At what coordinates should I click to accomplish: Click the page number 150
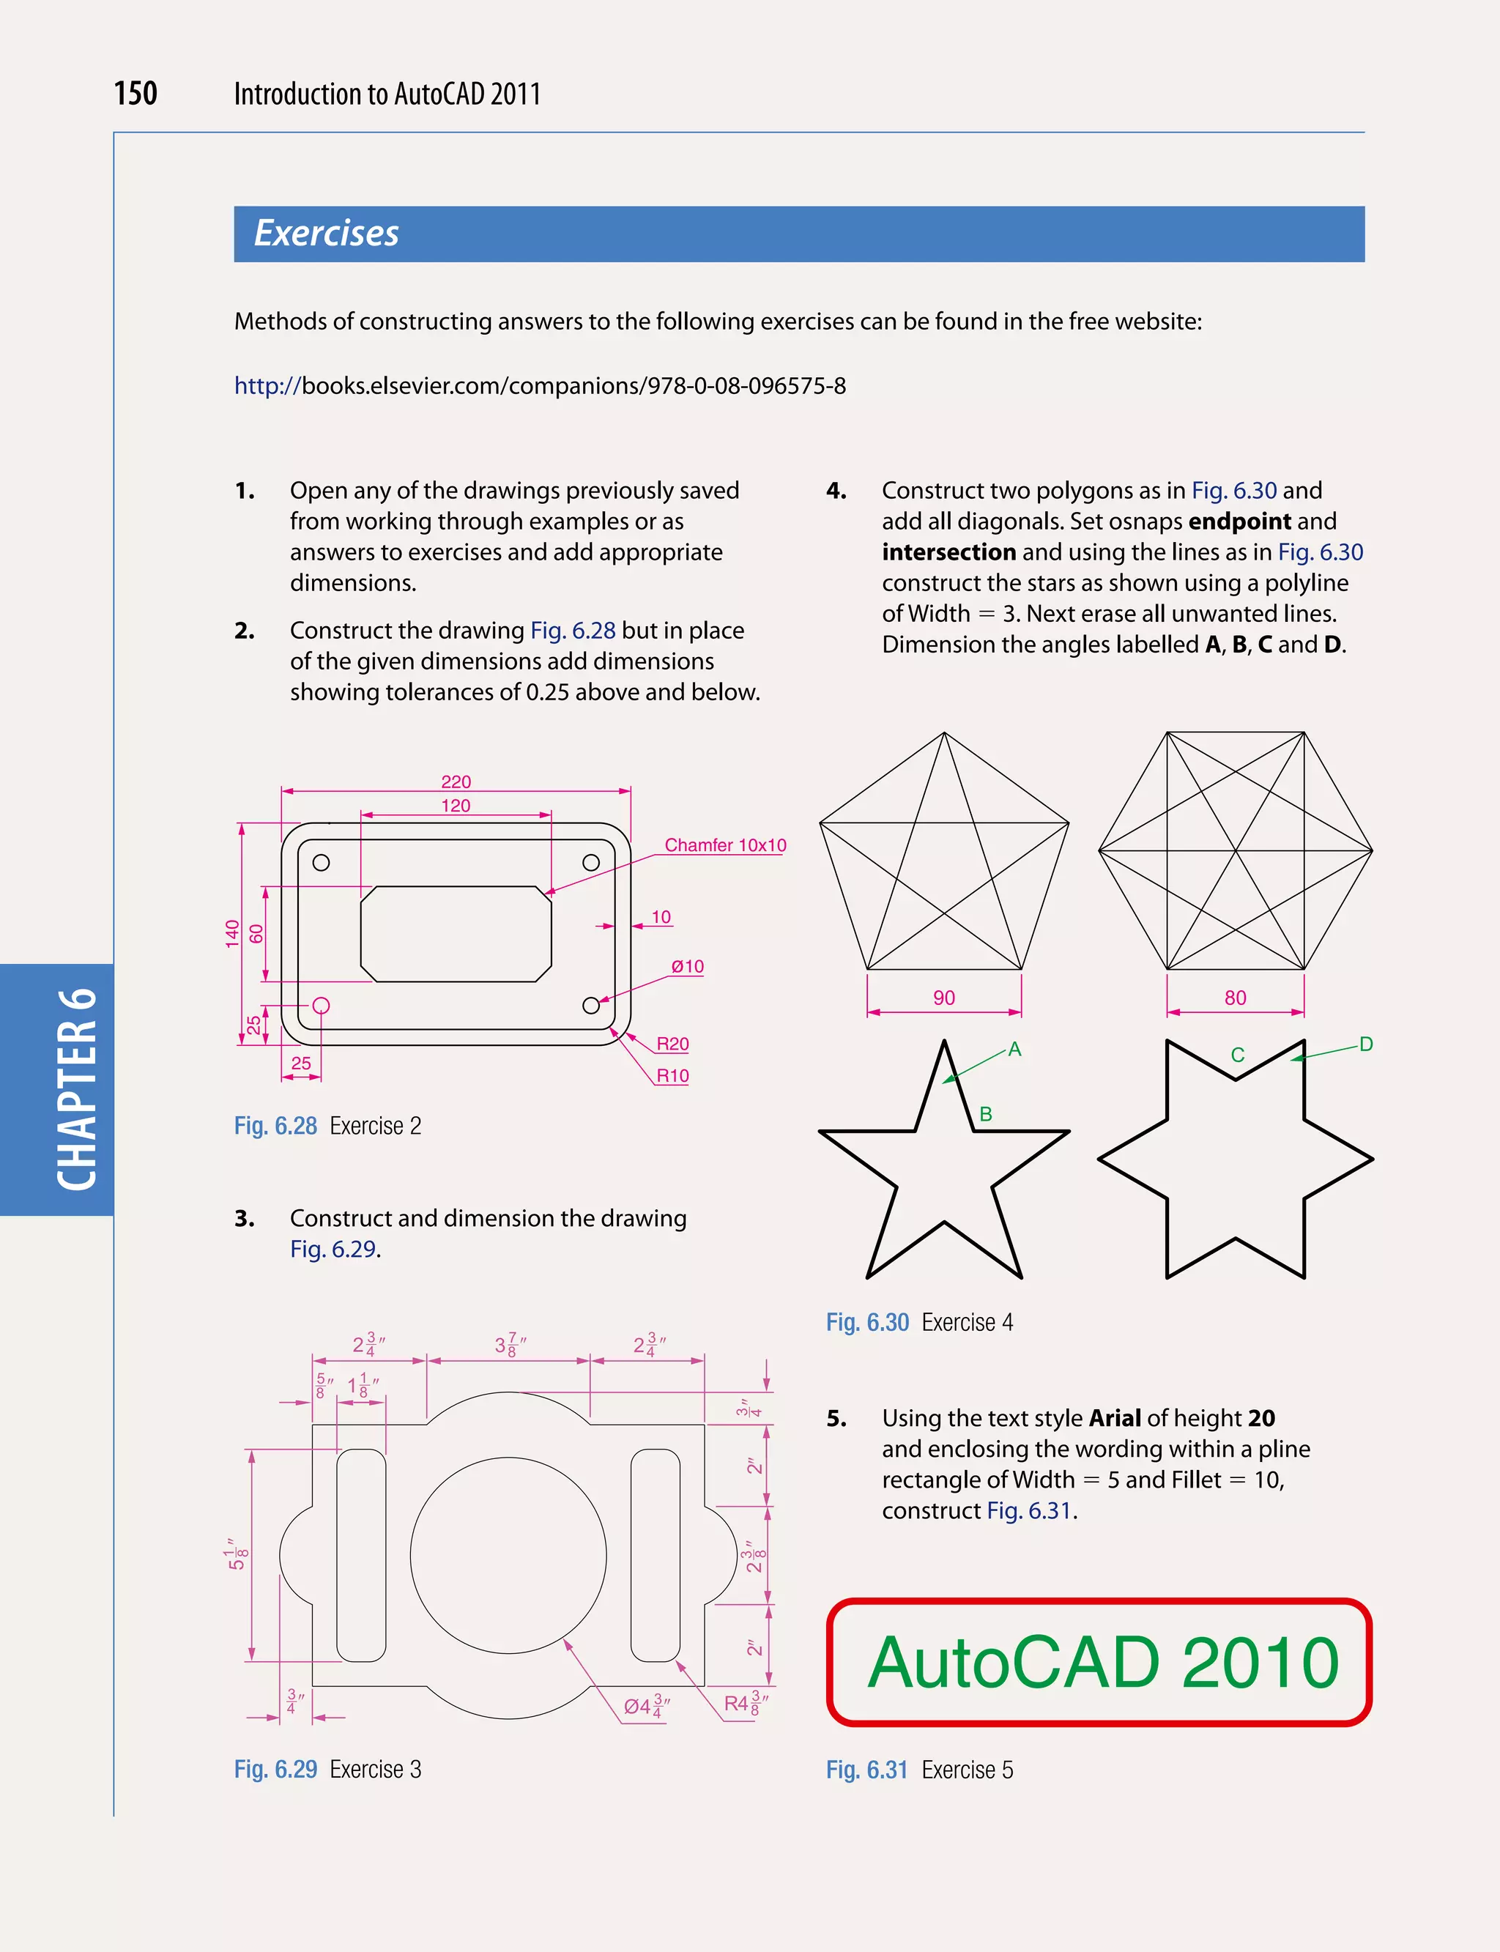point(135,93)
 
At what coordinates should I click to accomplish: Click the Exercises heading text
point(326,233)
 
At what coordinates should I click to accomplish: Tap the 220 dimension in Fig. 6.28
point(456,782)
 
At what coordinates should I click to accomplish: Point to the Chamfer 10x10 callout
point(725,845)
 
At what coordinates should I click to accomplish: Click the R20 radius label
point(672,1044)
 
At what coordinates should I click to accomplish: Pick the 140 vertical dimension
point(232,933)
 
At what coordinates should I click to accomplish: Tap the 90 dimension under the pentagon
point(944,998)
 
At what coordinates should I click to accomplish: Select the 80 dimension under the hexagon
point(1235,998)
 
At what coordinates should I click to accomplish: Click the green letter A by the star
point(1014,1049)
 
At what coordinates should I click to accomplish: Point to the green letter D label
point(1365,1044)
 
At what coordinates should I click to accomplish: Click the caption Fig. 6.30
point(867,1323)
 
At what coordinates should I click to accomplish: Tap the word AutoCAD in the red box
point(1014,1663)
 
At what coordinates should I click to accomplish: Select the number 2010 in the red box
point(1260,1663)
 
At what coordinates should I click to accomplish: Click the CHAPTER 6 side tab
point(77,1089)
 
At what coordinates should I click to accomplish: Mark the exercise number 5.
point(836,1418)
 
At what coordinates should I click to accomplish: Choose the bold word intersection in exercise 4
point(948,552)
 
